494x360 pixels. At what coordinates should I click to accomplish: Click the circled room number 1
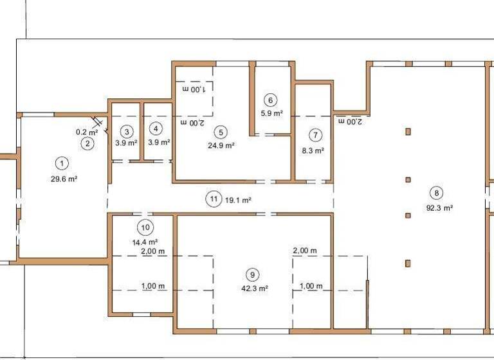click(x=62, y=163)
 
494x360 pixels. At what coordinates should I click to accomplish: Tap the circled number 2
click(x=87, y=143)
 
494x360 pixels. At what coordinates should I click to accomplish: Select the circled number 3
click(x=127, y=131)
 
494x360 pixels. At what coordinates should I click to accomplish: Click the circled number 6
click(x=270, y=100)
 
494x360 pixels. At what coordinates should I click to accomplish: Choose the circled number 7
click(x=315, y=135)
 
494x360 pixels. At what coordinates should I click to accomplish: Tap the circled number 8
click(x=437, y=192)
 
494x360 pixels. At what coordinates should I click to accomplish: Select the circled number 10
click(x=145, y=227)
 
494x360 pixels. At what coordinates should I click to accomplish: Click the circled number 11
click(x=214, y=199)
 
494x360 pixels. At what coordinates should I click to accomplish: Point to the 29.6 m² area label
click(x=64, y=179)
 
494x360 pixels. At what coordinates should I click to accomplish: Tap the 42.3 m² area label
click(x=255, y=289)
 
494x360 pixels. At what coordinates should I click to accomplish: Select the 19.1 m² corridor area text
click(x=237, y=200)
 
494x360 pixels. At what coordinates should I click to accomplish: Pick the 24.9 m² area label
click(x=221, y=145)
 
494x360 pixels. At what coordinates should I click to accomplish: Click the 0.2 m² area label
click(x=87, y=132)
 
